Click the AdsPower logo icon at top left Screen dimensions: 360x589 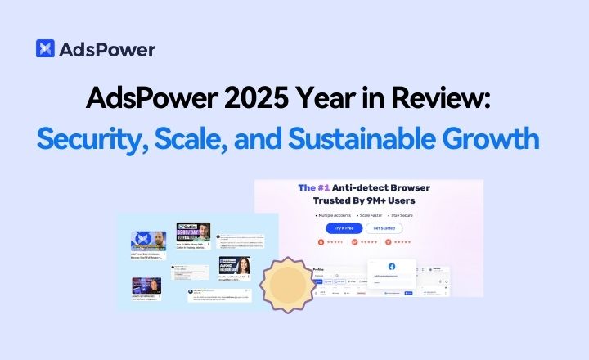[46, 48]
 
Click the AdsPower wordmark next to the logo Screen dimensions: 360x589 [106, 49]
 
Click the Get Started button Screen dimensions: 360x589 [384, 228]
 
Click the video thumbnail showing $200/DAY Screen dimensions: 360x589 [194, 232]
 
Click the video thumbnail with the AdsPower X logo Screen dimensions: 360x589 [148, 240]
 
